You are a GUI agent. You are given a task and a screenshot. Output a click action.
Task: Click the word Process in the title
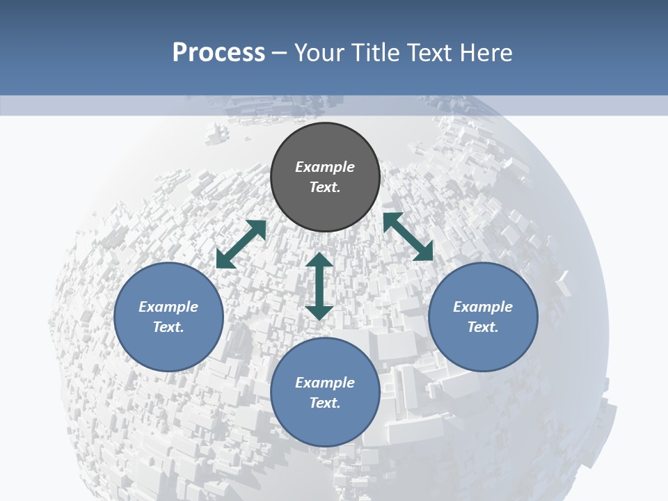(218, 53)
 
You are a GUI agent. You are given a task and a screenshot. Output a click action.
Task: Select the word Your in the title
(319, 53)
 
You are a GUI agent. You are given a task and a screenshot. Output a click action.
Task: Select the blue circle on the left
(168, 348)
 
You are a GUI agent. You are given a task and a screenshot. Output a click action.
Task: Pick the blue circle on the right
(483, 348)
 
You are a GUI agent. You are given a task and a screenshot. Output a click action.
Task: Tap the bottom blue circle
(325, 424)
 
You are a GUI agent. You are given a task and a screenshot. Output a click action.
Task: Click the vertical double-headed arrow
(319, 286)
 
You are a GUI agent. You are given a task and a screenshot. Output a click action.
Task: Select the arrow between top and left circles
(241, 244)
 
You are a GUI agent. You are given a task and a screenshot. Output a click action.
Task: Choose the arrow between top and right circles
(408, 237)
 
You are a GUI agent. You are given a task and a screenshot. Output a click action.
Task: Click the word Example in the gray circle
(325, 167)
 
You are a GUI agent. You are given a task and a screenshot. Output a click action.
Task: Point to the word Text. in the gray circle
(325, 187)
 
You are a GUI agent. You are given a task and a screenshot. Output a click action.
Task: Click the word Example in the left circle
(168, 307)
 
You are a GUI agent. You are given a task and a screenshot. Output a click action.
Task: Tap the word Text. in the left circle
(168, 327)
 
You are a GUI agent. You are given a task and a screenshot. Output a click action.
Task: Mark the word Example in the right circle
(483, 307)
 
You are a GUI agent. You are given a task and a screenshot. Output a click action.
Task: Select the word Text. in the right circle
(483, 327)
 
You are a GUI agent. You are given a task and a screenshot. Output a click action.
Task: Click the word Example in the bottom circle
(325, 383)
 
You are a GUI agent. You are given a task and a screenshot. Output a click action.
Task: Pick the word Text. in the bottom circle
(325, 403)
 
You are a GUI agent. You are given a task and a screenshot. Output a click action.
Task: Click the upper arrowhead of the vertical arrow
(319, 260)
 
